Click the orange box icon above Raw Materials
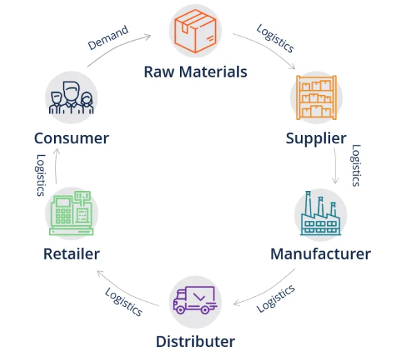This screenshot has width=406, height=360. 195,31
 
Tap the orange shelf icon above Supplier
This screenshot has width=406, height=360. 316,98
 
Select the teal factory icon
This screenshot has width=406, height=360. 320,213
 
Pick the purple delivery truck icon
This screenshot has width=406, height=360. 195,300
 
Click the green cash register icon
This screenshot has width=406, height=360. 71,213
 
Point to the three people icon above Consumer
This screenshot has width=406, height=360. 71,98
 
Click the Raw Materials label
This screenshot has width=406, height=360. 196,72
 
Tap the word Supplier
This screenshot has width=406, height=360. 316,138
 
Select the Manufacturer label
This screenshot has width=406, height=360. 320,254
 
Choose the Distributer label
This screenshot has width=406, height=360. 196,341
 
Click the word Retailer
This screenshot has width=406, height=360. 71,254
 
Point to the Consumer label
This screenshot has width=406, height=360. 71,138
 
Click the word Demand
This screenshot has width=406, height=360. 108,37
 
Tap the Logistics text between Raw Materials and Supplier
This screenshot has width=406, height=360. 275,38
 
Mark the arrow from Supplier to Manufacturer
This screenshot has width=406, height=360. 336,166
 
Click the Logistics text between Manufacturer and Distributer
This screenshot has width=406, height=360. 275,298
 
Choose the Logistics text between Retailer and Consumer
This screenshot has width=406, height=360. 40,175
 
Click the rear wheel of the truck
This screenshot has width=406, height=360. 205,309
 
